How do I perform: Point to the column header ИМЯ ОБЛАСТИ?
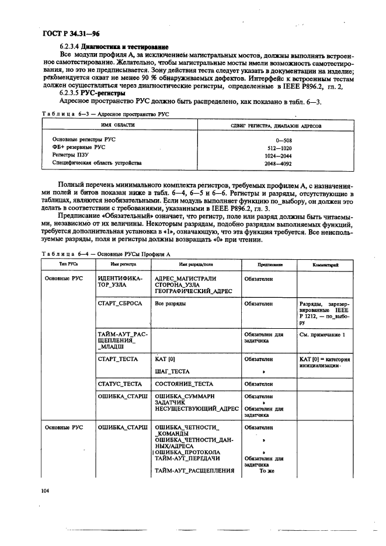pyautogui.click(x=117, y=126)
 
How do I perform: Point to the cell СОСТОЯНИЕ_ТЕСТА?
pyautogui.click(x=186, y=384)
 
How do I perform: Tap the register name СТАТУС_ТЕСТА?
pyautogui.click(x=120, y=384)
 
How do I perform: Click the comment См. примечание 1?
pyautogui.click(x=322, y=335)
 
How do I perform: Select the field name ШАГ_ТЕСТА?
pyautogui.click(x=172, y=371)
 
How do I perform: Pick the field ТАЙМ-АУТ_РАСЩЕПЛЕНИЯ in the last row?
pyautogui.click(x=194, y=470)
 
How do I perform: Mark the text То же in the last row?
pyautogui.click(x=266, y=470)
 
